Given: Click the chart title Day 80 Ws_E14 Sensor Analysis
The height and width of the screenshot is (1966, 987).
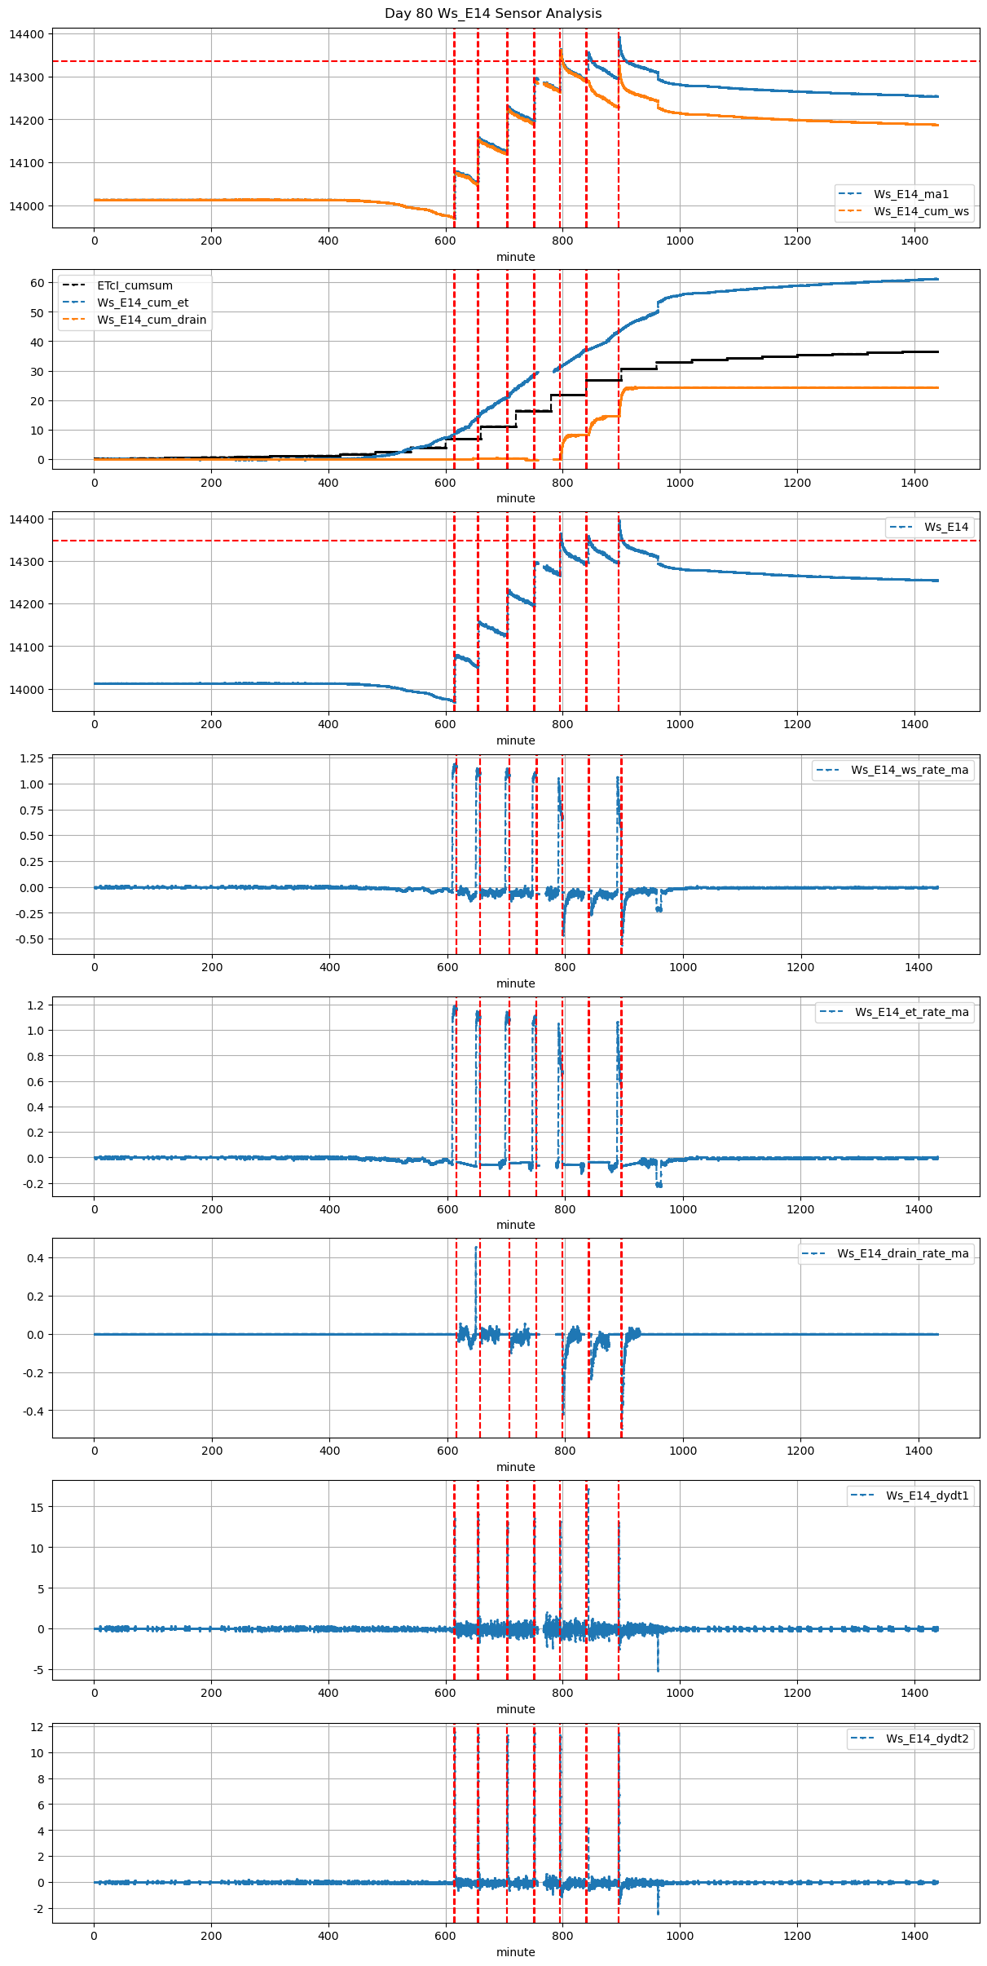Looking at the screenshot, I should [x=493, y=13].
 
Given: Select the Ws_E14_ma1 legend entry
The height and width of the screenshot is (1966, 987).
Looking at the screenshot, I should [x=910, y=194].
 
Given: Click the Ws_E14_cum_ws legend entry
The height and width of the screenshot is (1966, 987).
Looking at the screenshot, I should [x=921, y=211].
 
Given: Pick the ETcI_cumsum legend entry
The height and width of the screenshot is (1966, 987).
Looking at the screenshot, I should [x=134, y=285].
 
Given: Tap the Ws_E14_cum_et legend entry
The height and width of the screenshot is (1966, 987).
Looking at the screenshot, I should [x=143, y=303].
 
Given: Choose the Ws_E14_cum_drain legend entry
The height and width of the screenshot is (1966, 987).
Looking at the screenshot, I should [x=151, y=320].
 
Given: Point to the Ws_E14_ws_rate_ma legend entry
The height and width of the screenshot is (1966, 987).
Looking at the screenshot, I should [x=910, y=770].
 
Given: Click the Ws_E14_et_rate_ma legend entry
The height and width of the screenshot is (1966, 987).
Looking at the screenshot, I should [x=911, y=1012].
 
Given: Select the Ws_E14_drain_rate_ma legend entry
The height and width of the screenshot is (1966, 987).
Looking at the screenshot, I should [x=902, y=1253].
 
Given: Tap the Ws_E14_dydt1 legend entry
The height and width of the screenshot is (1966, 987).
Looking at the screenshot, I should [x=927, y=1495].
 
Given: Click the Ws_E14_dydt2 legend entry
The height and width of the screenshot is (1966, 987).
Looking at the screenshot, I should [x=927, y=1738].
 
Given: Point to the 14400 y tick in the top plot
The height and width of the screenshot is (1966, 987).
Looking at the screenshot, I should [x=27, y=34].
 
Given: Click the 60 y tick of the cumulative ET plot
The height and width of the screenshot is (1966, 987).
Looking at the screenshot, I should [x=37, y=283].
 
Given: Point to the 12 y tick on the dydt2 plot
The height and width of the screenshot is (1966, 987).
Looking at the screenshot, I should [x=37, y=1727].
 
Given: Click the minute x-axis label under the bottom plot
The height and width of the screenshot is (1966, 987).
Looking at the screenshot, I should [x=515, y=1952].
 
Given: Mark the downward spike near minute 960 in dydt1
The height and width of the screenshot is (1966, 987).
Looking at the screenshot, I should [x=658, y=1669].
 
